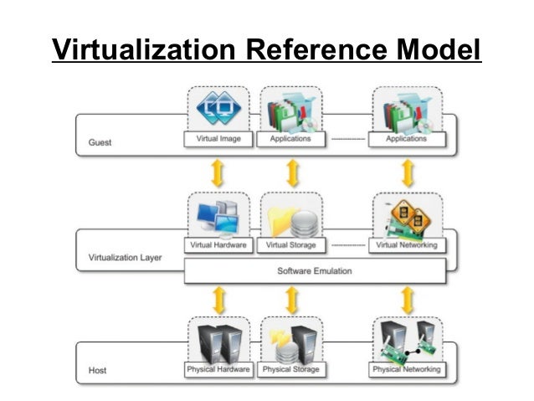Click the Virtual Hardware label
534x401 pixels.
pyautogui.click(x=218, y=245)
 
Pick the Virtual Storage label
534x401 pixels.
pyautogui.click(x=290, y=245)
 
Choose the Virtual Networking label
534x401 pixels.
pyautogui.click(x=407, y=245)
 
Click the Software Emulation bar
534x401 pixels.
pyautogui.click(x=314, y=270)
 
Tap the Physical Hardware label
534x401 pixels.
pyautogui.click(x=218, y=369)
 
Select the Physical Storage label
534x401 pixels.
pyautogui.click(x=290, y=369)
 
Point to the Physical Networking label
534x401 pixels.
pyautogui.click(x=407, y=369)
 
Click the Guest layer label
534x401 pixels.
pyautogui.click(x=100, y=142)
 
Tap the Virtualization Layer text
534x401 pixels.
pyautogui.click(x=125, y=257)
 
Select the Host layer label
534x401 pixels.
pyautogui.click(x=97, y=369)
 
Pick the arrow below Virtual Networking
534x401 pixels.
pyautogui.click(x=408, y=298)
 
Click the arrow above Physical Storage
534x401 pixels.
pyautogui.click(x=291, y=298)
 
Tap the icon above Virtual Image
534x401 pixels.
pyautogui.click(x=218, y=109)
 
